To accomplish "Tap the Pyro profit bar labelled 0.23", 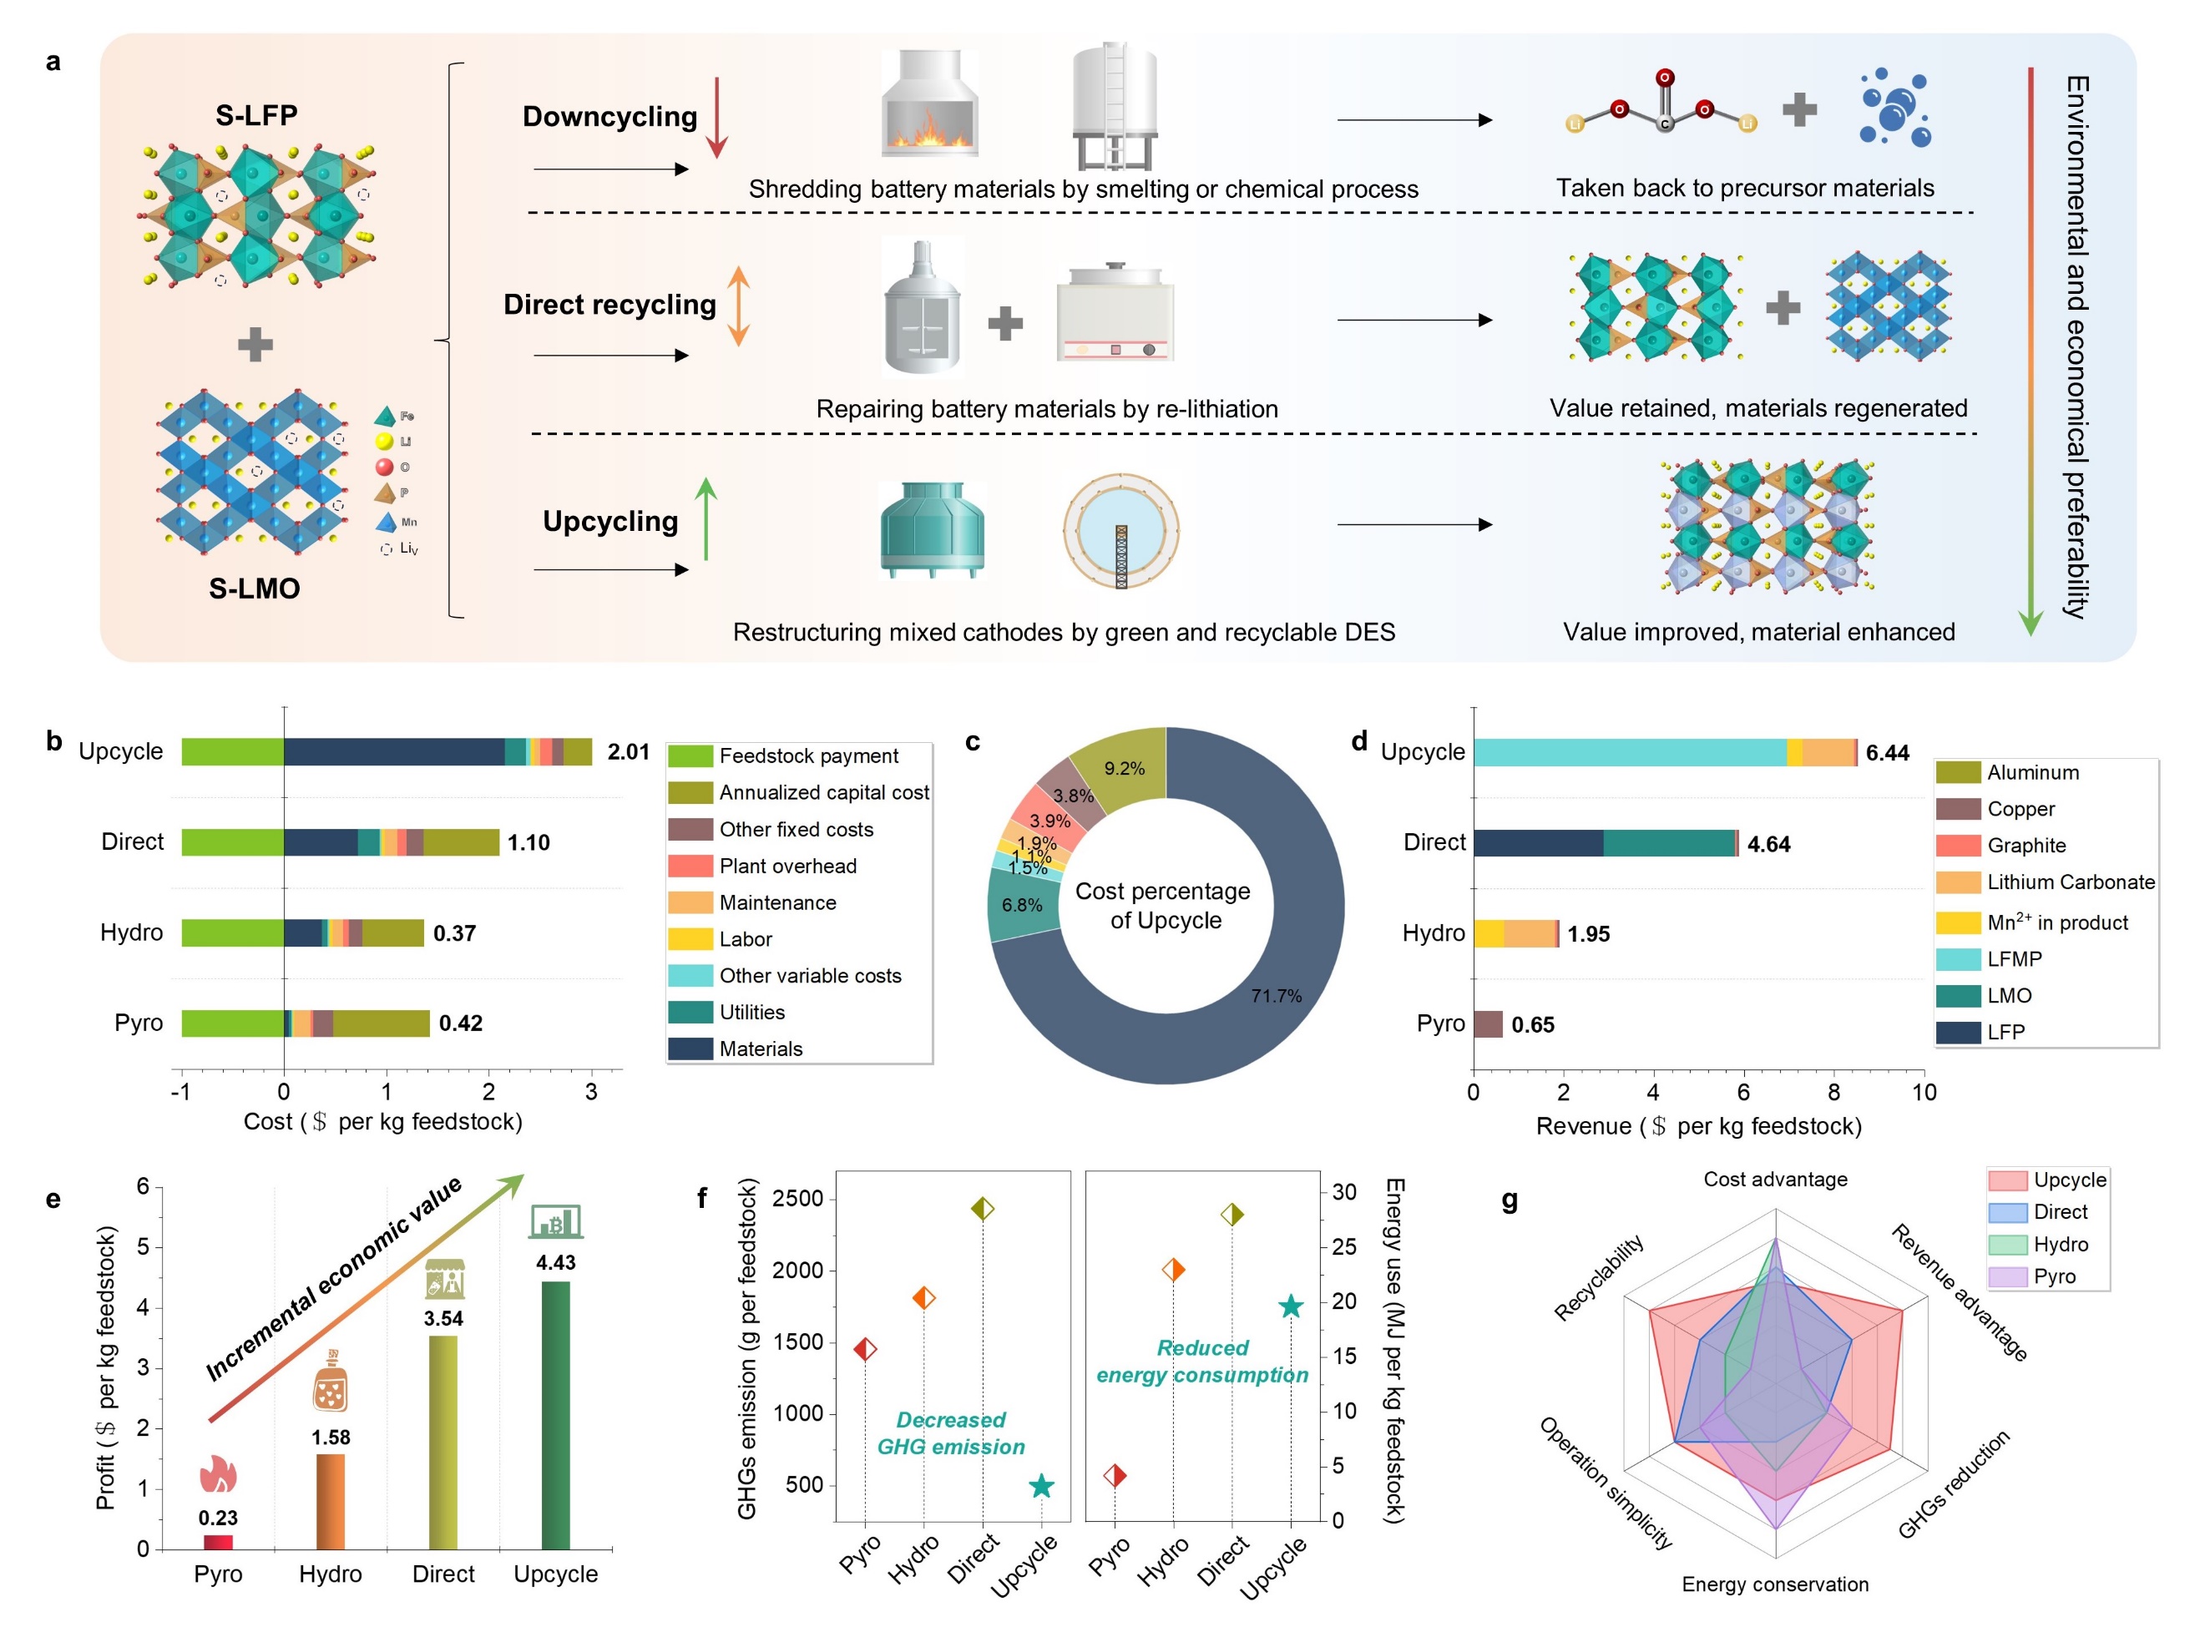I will pyautogui.click(x=218, y=1541).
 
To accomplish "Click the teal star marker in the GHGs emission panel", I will pyautogui.click(x=1040, y=1485).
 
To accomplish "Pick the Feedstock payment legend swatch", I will pyautogui.click(x=690, y=756).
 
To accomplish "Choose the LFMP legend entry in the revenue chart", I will pyautogui.click(x=1958, y=959).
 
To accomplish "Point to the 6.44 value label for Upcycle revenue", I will pyautogui.click(x=1886, y=753).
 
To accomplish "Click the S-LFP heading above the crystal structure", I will pyautogui.click(x=256, y=115).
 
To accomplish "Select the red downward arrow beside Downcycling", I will pyautogui.click(x=716, y=117).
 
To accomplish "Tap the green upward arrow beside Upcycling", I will pyautogui.click(x=705, y=518).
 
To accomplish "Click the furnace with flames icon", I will pyautogui.click(x=929, y=104).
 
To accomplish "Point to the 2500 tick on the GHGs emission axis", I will pyautogui.click(x=798, y=1198).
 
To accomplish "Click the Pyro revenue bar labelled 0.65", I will pyautogui.click(x=1488, y=1023).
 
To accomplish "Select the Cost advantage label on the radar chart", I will pyautogui.click(x=1774, y=1180).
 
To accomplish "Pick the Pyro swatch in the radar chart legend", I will pyautogui.click(x=2007, y=1276).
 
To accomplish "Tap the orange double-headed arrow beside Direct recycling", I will pyautogui.click(x=738, y=306).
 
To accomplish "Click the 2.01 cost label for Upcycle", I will pyautogui.click(x=629, y=752).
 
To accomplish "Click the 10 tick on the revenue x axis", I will pyautogui.click(x=1923, y=1092).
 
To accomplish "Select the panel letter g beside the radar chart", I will pyautogui.click(x=1509, y=1200).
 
